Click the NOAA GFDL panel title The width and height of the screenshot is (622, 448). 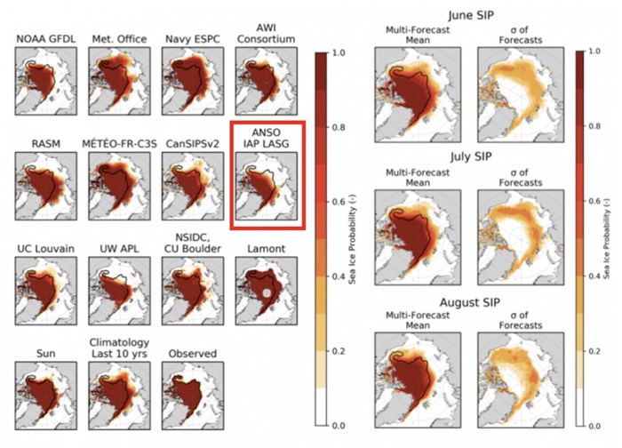42,38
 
